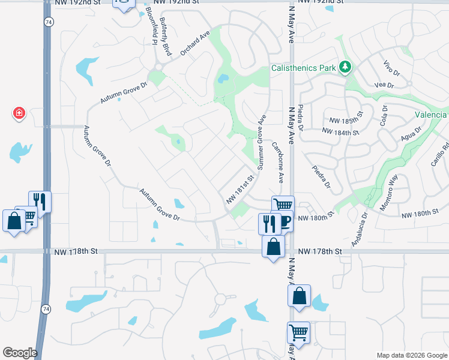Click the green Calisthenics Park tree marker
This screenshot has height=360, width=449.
[x=345, y=67]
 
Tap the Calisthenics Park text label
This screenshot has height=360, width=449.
[x=304, y=68]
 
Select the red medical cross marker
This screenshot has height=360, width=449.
[x=19, y=113]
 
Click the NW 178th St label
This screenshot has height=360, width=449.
[x=320, y=251]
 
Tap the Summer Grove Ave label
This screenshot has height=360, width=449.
[x=262, y=142]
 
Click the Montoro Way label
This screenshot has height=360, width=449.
[x=389, y=191]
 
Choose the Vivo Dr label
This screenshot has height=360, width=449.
[x=392, y=66]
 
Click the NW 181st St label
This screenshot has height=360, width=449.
[x=240, y=188]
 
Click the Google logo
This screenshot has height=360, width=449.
[x=20, y=353]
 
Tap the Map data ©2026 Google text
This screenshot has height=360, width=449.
[x=411, y=355]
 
